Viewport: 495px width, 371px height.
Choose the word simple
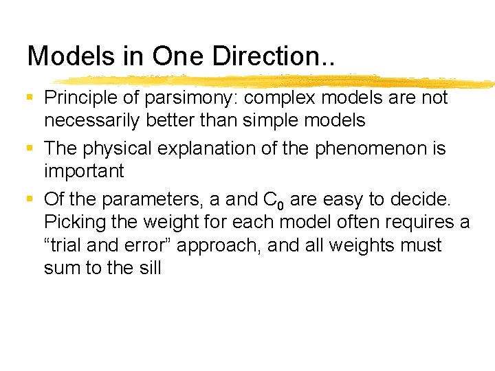[287, 121]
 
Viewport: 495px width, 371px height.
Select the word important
[84, 171]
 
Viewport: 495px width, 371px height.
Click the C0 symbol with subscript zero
[274, 201]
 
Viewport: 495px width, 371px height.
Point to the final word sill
[149, 267]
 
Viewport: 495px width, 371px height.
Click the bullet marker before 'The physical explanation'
[30, 148]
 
